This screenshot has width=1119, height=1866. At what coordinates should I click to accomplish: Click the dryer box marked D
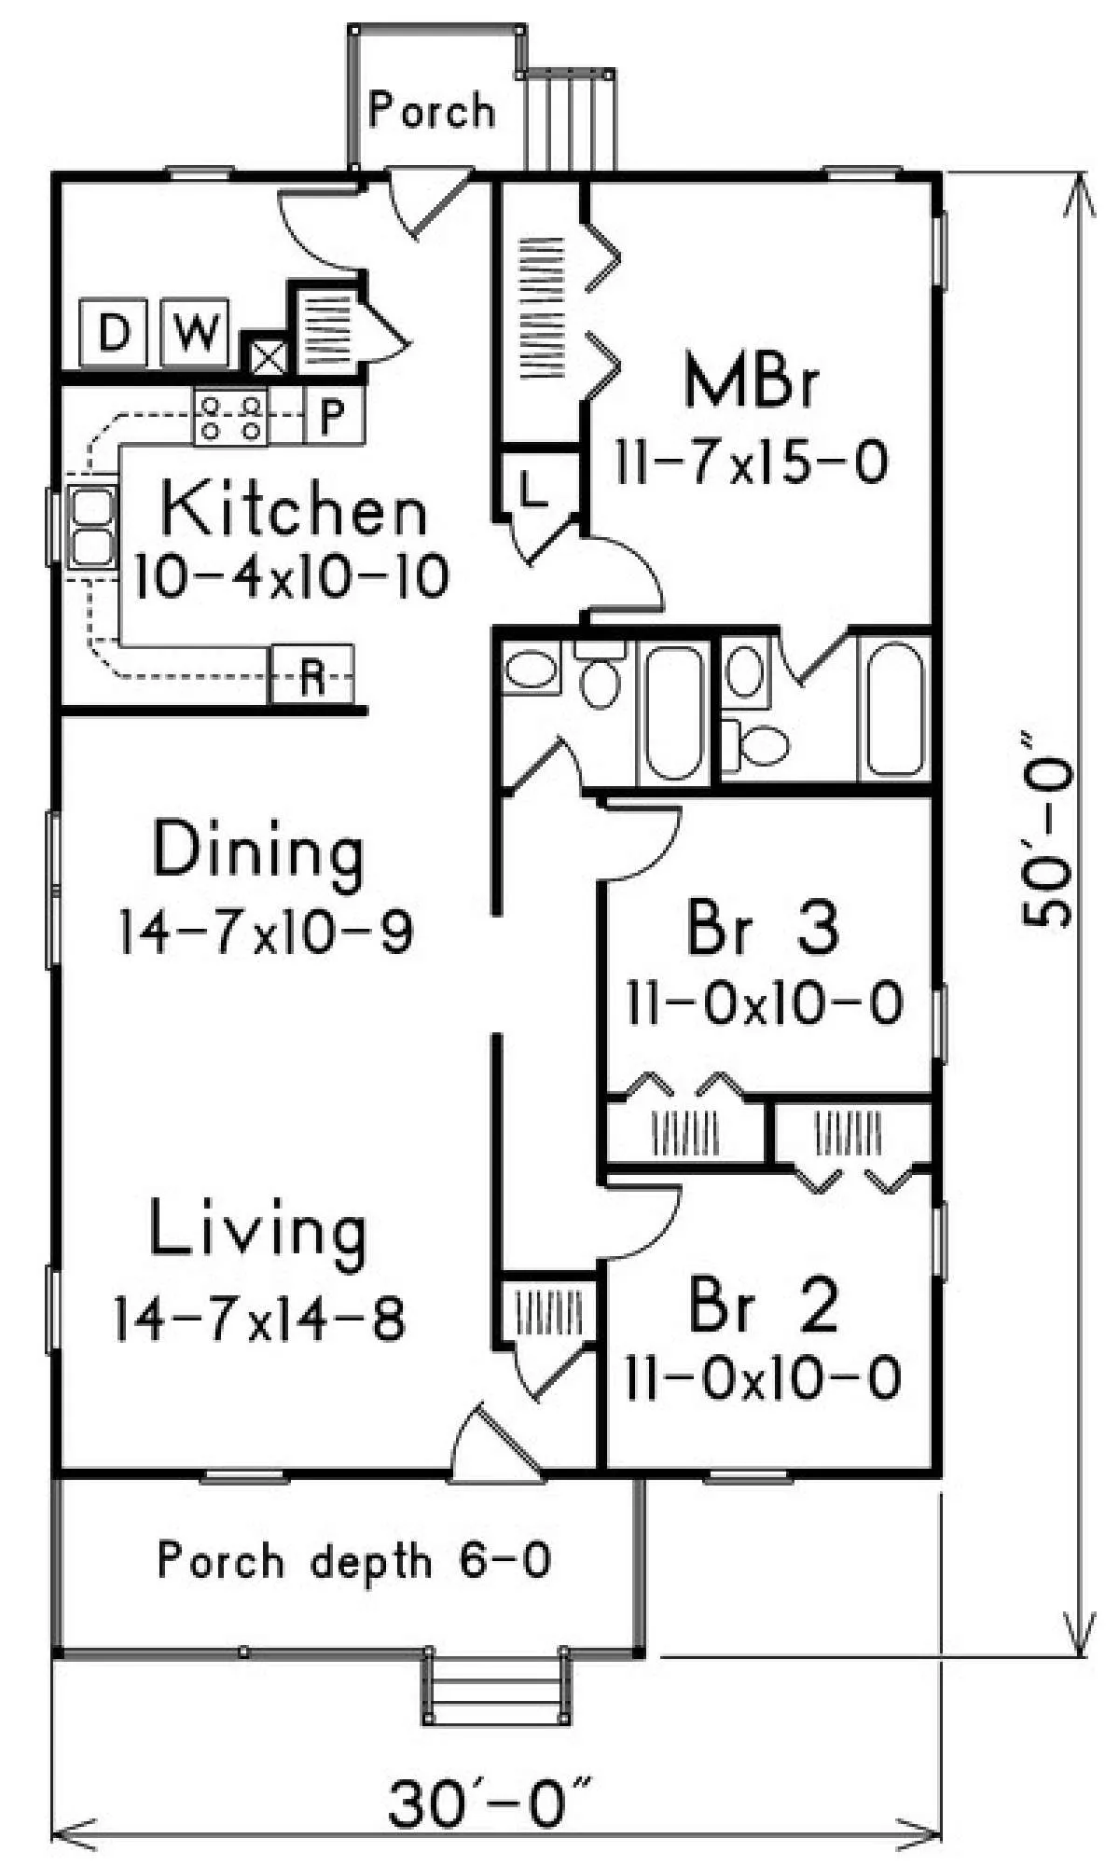[113, 331]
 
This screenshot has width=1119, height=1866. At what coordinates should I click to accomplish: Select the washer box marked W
[195, 331]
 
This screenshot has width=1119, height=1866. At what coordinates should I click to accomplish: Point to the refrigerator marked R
[311, 673]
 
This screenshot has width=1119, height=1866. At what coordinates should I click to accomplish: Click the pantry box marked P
[334, 416]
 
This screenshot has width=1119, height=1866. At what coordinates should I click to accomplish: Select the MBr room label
[752, 380]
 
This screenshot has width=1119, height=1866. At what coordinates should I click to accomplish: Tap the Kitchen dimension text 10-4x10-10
[292, 577]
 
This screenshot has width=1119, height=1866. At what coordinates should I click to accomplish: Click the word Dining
[258, 850]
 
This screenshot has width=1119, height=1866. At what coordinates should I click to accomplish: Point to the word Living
[258, 1232]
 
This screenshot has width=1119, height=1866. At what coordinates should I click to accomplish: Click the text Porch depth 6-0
[354, 1560]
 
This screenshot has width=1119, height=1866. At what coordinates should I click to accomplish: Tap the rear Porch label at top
[431, 111]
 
